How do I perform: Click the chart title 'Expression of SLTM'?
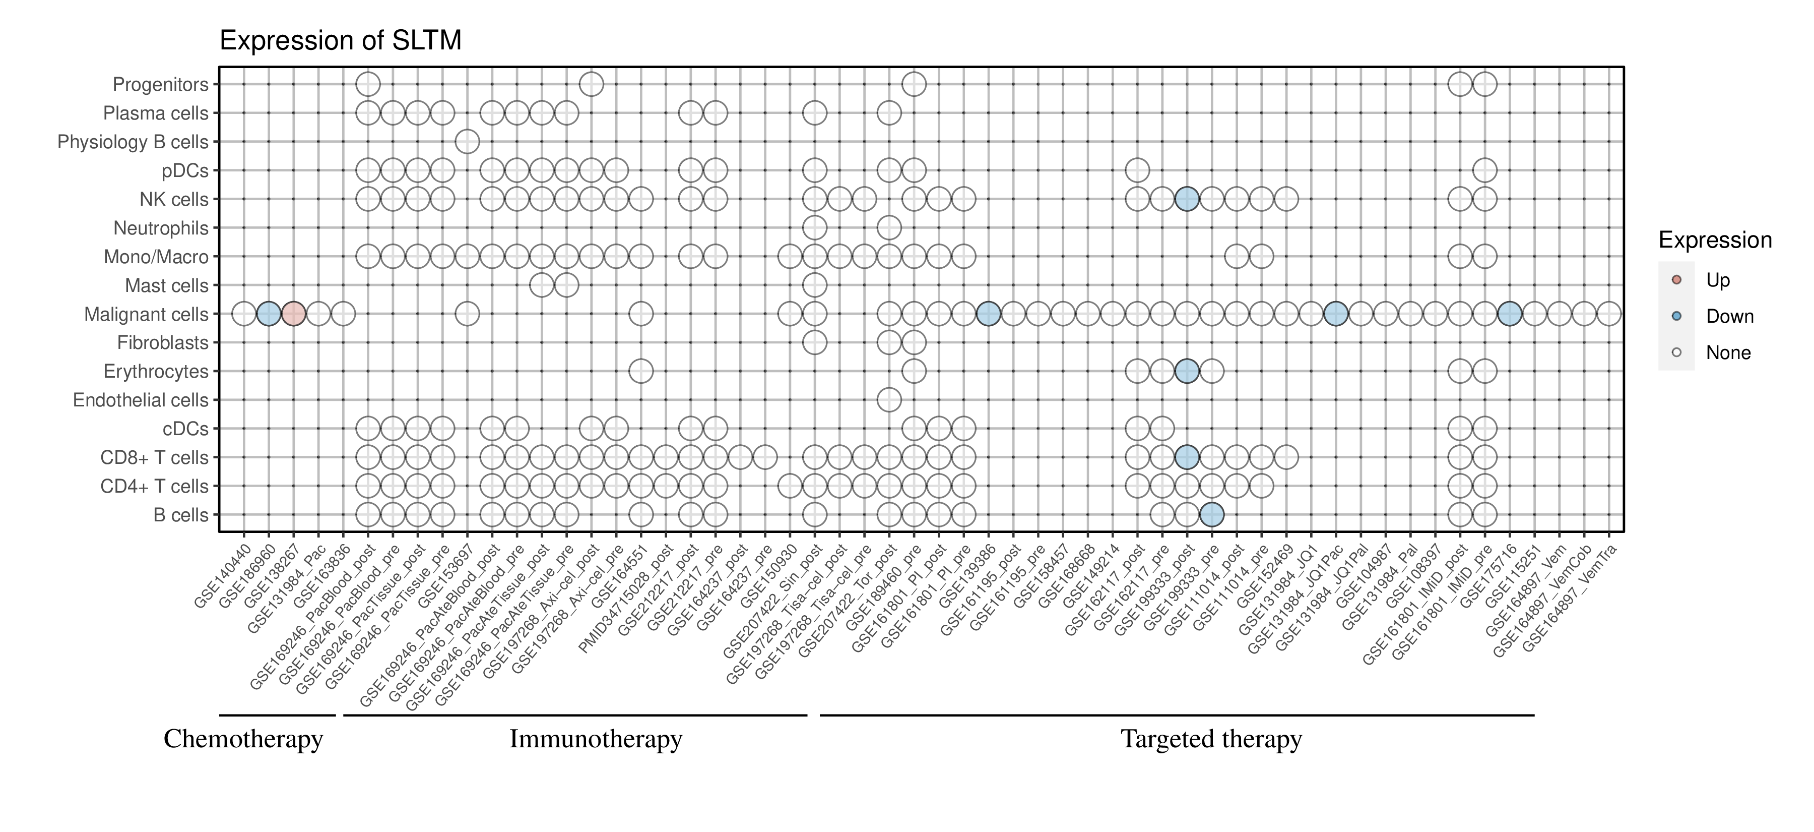click(340, 41)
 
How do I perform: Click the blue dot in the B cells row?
click(1211, 515)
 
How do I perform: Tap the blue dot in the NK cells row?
click(1187, 199)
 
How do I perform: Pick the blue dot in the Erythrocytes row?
click(1187, 371)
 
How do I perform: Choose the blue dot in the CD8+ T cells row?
click(1187, 457)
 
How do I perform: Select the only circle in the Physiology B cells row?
click(467, 142)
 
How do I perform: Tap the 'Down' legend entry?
click(1729, 316)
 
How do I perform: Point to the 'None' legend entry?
click(1727, 353)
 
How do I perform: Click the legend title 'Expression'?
click(1715, 240)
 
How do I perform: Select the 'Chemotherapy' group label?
click(243, 739)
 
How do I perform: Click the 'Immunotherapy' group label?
click(595, 739)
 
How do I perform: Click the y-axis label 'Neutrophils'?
click(161, 228)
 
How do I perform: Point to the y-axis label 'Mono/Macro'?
click(156, 257)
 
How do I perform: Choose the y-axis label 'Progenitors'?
click(161, 85)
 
